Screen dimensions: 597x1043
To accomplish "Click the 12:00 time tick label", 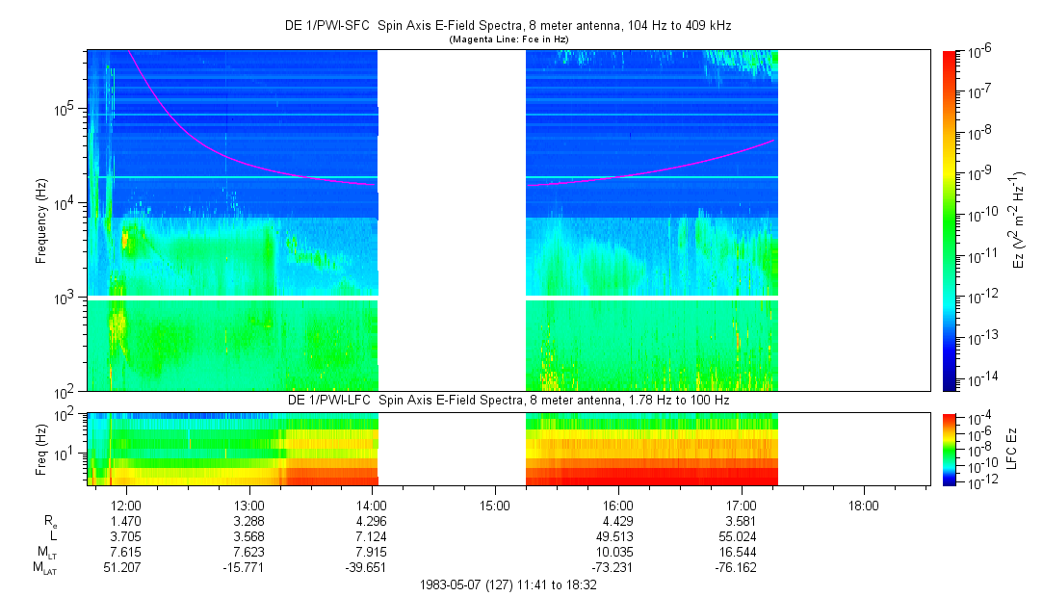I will coord(127,504).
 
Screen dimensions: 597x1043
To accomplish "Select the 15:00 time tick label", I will coord(495,504).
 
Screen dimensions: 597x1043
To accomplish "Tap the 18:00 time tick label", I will coord(863,504).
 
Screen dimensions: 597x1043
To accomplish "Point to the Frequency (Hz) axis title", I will coord(41,221).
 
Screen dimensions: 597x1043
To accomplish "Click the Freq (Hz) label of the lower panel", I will coord(41,448).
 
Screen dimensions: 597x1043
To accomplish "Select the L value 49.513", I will coord(617,535).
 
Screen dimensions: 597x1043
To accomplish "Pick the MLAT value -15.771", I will coord(249,567).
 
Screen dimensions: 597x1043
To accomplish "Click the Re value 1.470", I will coord(127,520).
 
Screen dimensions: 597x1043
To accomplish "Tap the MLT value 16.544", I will coord(741,552).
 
